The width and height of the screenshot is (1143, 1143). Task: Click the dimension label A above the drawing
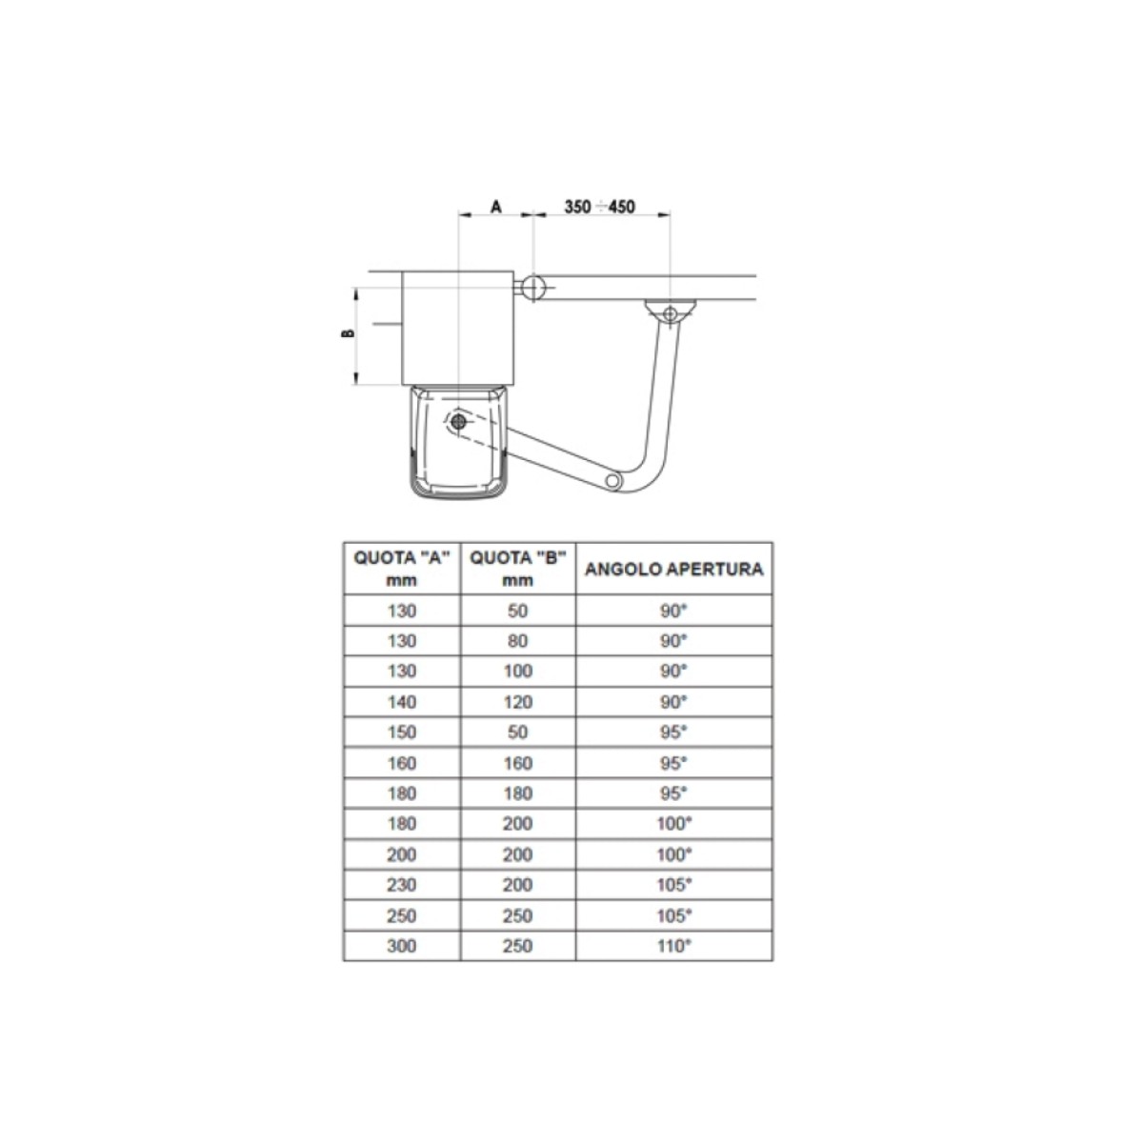pos(496,207)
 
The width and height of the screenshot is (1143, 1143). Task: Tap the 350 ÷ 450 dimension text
pos(600,207)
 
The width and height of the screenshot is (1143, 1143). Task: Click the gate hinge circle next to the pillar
pos(533,288)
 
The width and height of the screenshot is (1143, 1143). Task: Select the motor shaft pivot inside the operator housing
pos(458,422)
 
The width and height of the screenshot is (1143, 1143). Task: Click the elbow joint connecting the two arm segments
pos(613,480)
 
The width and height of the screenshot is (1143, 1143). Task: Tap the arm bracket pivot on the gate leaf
pos(670,312)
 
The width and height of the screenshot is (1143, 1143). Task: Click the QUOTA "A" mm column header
pos(402,569)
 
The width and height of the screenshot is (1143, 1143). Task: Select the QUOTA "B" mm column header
pos(518,569)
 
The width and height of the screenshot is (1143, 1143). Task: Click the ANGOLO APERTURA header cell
pos(673,569)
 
